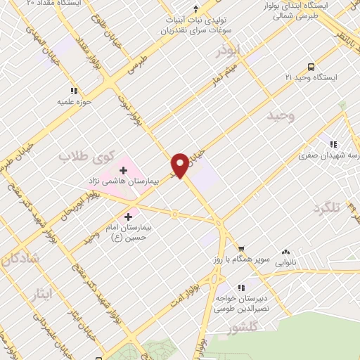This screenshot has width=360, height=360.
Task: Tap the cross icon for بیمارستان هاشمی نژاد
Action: tap(124, 169)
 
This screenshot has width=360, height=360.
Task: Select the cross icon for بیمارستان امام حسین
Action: tap(128, 217)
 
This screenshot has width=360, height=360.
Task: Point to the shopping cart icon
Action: tap(241, 249)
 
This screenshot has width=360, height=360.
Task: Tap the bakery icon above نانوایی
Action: tap(285, 251)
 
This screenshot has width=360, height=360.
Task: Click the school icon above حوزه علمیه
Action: tap(74, 91)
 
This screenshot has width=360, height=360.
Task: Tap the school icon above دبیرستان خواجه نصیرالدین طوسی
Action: tap(241, 288)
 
